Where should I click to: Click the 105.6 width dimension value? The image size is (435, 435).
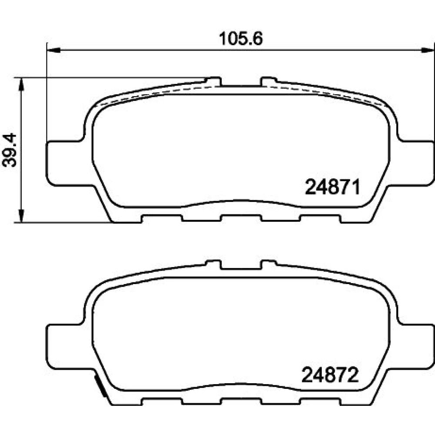[x=241, y=39]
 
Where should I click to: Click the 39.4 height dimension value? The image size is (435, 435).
[x=10, y=150]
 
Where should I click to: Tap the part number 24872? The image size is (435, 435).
[x=330, y=375]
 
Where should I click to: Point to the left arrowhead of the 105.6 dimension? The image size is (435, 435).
[x=54, y=50]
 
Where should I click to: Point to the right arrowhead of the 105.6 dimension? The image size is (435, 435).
[x=428, y=50]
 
